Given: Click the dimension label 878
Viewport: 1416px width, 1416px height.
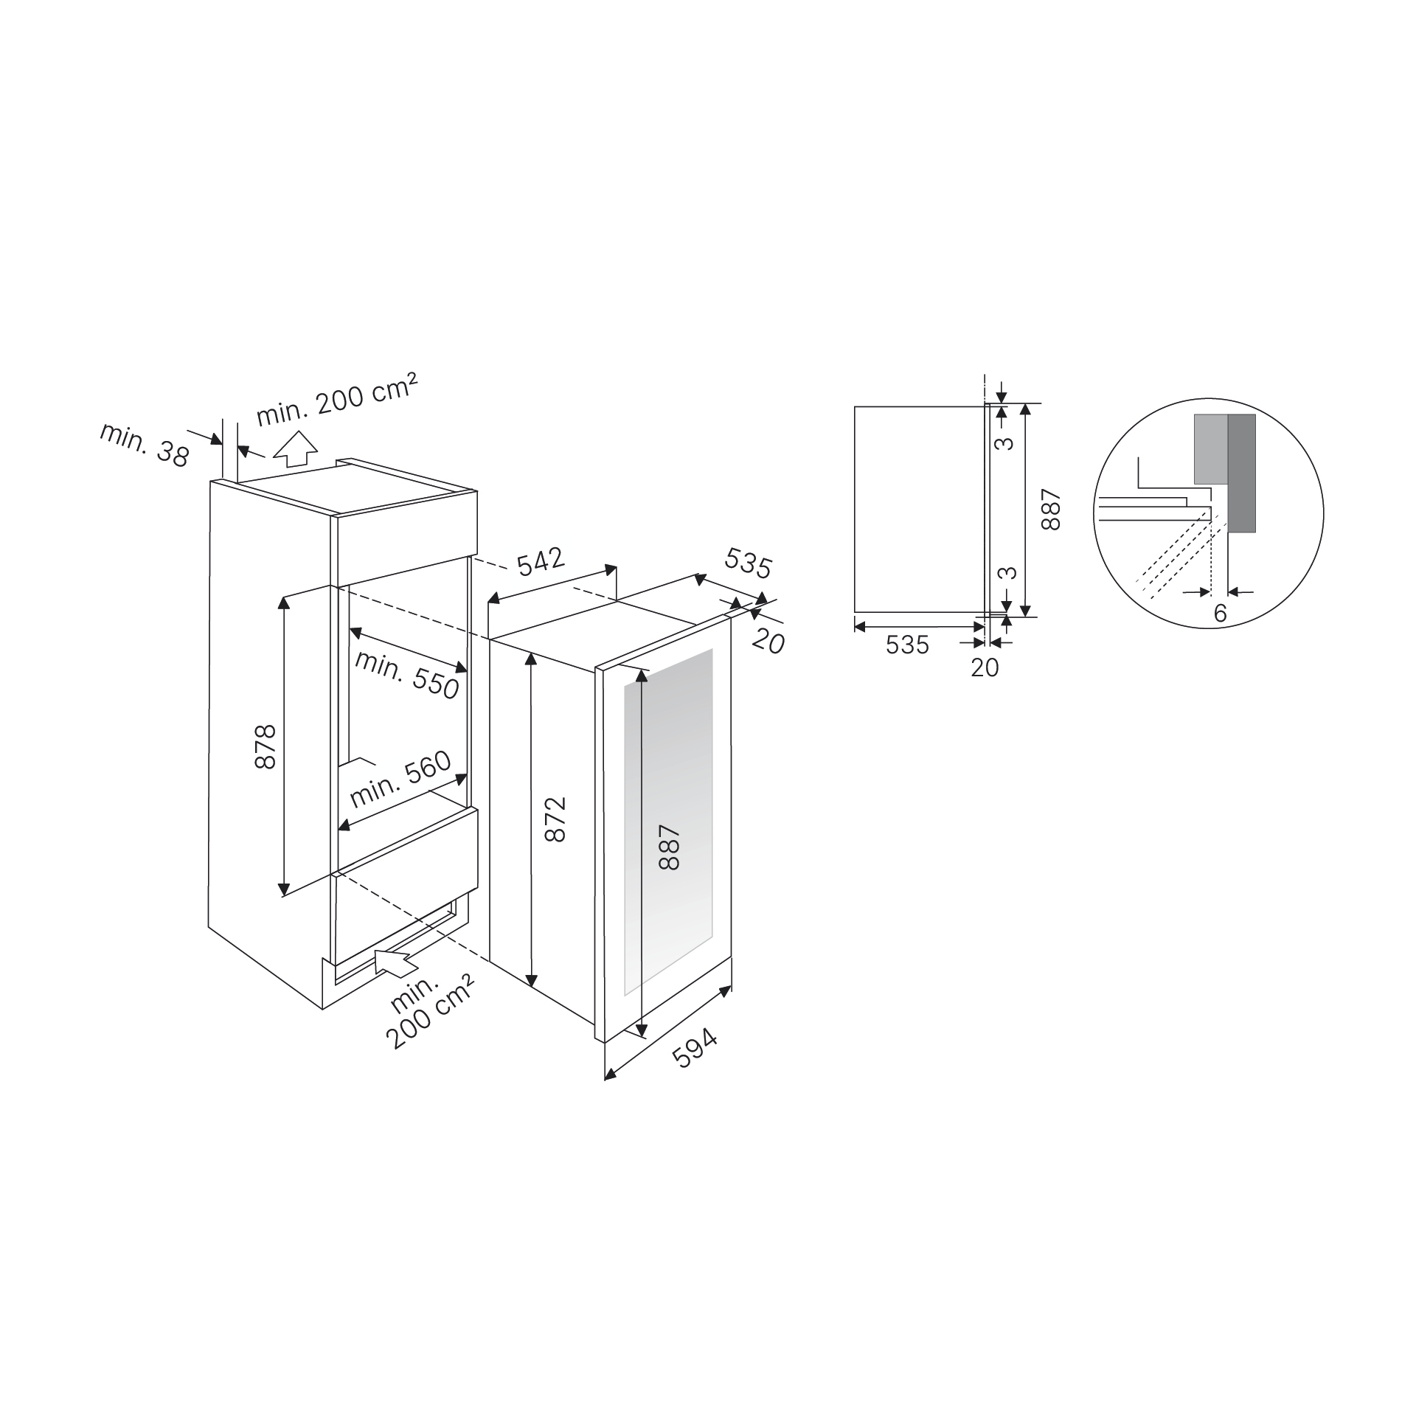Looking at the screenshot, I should (x=265, y=746).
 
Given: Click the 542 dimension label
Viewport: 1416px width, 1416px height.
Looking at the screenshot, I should (x=541, y=562).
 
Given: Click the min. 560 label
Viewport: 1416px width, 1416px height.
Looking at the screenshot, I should (x=400, y=780).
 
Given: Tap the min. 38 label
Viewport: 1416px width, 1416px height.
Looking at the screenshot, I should (x=145, y=445).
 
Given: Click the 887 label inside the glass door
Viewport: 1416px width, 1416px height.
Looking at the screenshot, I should (x=669, y=848).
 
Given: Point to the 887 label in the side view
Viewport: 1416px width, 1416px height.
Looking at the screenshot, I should (x=1050, y=510).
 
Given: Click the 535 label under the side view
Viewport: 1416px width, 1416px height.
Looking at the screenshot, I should (x=907, y=645).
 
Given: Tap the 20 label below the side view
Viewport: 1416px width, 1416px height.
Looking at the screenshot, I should (x=985, y=667).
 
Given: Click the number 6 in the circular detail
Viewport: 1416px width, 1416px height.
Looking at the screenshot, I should (x=1220, y=613).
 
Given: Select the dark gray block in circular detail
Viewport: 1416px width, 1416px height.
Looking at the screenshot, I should (x=1241, y=472).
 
